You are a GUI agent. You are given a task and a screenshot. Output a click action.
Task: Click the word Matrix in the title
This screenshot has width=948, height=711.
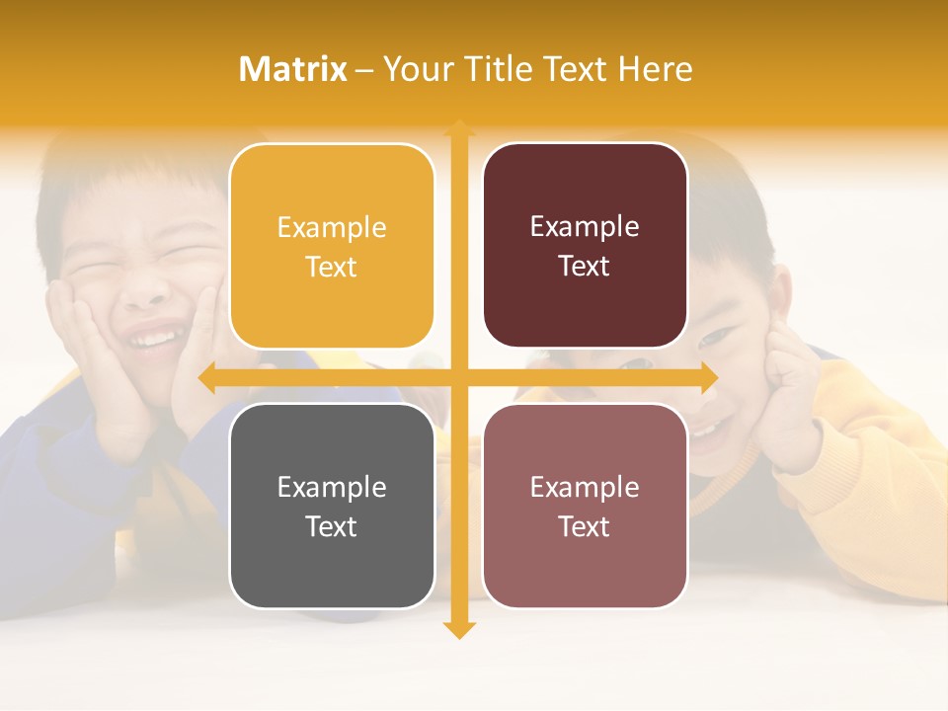(292, 69)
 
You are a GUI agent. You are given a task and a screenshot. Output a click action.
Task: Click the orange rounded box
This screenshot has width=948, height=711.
(332, 247)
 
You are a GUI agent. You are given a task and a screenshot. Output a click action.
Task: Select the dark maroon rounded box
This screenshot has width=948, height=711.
(585, 246)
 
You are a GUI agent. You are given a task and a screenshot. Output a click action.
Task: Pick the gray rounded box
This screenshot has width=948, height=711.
(332, 506)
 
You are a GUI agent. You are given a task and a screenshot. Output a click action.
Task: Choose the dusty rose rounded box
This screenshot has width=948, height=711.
(585, 506)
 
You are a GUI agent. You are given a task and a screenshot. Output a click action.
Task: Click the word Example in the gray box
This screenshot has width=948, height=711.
(332, 488)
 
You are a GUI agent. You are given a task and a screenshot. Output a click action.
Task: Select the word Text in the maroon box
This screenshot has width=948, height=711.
(585, 267)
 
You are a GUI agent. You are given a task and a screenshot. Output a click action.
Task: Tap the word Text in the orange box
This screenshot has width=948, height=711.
(332, 268)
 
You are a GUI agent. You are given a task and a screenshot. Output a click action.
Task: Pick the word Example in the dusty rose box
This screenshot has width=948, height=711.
(585, 488)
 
